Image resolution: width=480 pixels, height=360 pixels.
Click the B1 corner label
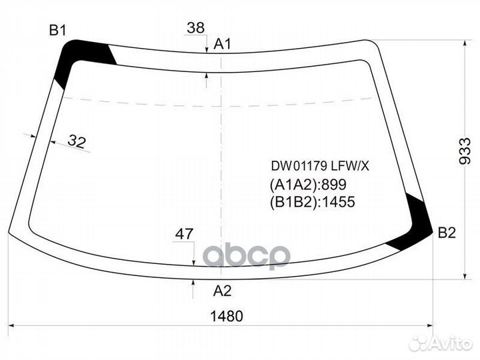(x=57, y=30)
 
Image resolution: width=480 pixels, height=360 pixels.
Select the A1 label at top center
(x=222, y=45)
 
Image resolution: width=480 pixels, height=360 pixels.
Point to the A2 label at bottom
(x=222, y=291)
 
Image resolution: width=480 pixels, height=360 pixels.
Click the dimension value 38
(x=195, y=28)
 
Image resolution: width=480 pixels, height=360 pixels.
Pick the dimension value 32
(x=77, y=141)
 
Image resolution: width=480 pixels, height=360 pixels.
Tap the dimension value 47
(x=184, y=234)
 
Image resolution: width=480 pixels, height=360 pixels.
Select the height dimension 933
(x=466, y=153)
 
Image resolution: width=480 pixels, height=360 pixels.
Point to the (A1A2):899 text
(x=308, y=185)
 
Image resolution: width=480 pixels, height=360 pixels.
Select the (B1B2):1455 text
(x=312, y=202)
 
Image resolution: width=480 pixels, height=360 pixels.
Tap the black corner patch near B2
(x=414, y=223)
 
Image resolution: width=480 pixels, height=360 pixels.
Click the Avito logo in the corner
(x=441, y=343)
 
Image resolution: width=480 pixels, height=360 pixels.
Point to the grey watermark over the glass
(x=247, y=255)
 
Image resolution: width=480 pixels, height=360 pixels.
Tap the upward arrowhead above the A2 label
(x=193, y=283)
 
